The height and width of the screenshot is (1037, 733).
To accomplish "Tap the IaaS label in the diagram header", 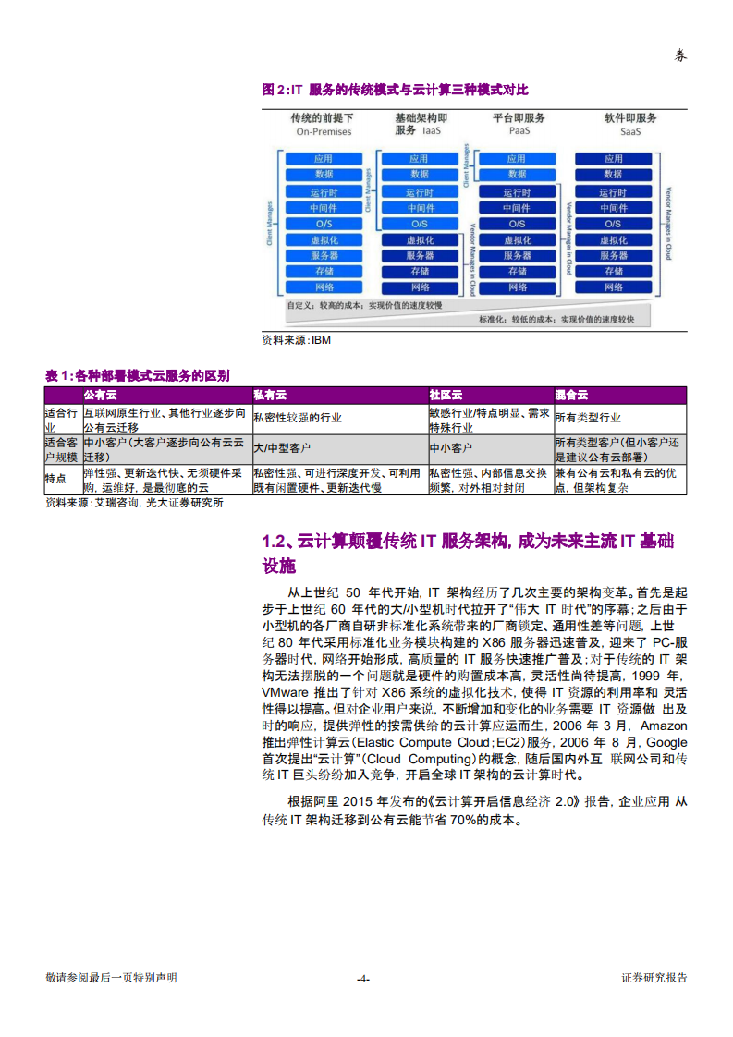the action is [431, 131].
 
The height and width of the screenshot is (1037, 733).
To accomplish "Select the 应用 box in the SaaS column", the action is [613, 159].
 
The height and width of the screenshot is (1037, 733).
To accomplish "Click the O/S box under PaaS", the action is [516, 224].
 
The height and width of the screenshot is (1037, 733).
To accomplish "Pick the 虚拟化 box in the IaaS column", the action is [420, 240].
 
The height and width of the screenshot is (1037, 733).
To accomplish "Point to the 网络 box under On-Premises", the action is [324, 287].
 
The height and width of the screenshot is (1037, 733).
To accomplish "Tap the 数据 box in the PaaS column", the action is [516, 174].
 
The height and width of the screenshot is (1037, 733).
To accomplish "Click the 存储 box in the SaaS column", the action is [613, 272].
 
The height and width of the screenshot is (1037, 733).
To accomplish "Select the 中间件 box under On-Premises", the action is [324, 208].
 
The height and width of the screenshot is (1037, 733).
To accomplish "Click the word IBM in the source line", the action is [321, 340].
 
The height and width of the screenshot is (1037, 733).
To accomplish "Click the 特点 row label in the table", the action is [56, 479].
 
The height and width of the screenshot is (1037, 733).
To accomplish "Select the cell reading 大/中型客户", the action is [282, 448].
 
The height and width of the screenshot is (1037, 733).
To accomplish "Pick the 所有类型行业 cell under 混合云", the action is [588, 418].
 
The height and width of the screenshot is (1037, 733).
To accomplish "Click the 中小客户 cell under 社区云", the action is [450, 448].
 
